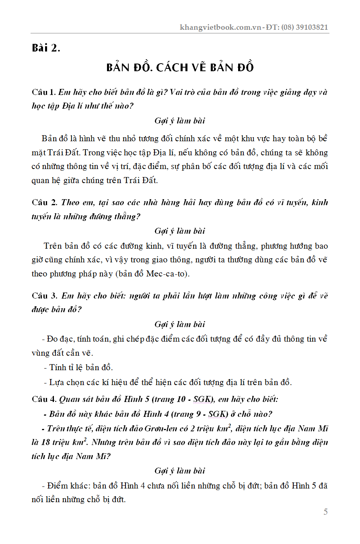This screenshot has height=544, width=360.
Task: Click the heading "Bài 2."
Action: pos(46,48)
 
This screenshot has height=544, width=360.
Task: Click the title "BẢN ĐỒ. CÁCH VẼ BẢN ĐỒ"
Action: pos(180,68)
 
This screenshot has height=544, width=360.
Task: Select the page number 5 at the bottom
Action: pos(325,512)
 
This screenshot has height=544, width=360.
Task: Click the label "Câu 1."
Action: pos(44,92)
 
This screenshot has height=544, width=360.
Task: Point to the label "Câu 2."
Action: pos(45,202)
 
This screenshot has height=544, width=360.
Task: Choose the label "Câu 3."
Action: pos(45,296)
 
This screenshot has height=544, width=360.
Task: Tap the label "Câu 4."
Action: pos(44,399)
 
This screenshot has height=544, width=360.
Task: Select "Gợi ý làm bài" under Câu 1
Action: pos(180,121)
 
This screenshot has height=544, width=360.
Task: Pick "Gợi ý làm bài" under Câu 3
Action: pos(180,324)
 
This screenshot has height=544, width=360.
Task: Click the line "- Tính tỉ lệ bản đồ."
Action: pos(78,367)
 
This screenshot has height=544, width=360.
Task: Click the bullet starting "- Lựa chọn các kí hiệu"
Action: pos(167,382)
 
